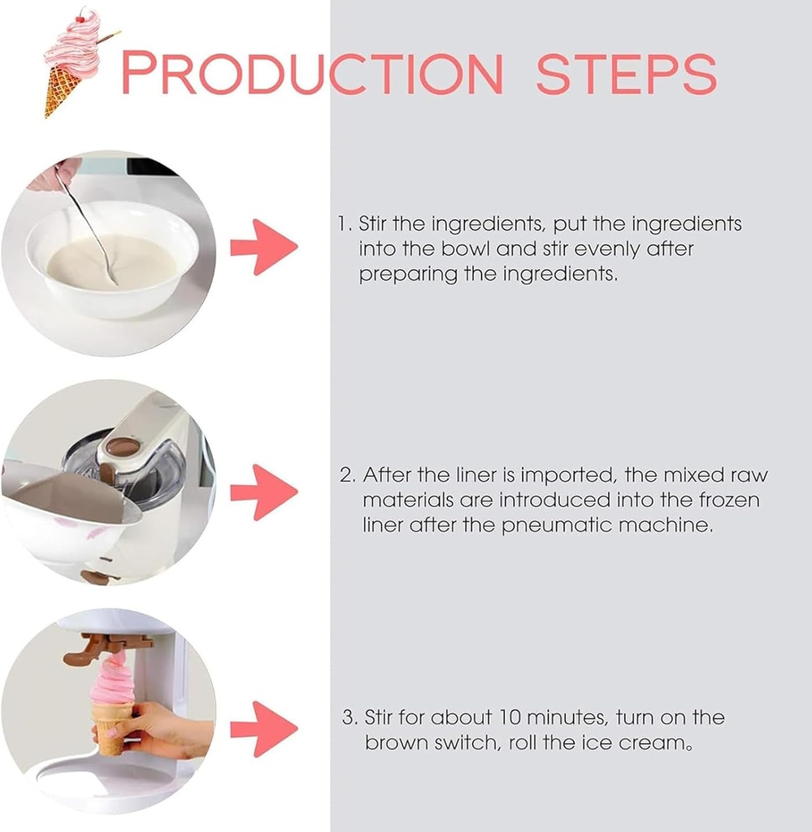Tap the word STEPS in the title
pos(627,73)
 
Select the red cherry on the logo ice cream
pos(80,18)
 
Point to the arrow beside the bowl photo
pos(264,247)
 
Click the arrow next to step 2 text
pos(264,492)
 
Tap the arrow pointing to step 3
pos(264,729)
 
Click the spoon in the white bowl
pos(88,223)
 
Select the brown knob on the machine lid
pos(123,447)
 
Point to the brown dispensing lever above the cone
pos(106,648)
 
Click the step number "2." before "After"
pos(348,474)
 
